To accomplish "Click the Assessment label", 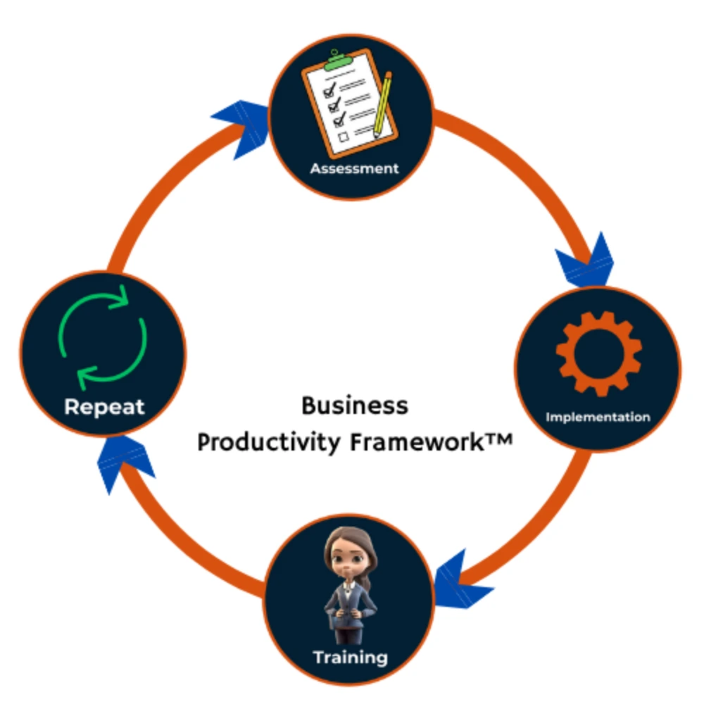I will tap(354, 169).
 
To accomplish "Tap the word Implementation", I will tap(598, 417).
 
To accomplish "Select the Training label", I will tap(350, 658).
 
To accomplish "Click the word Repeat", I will tap(104, 406).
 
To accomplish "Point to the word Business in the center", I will tap(354, 406).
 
